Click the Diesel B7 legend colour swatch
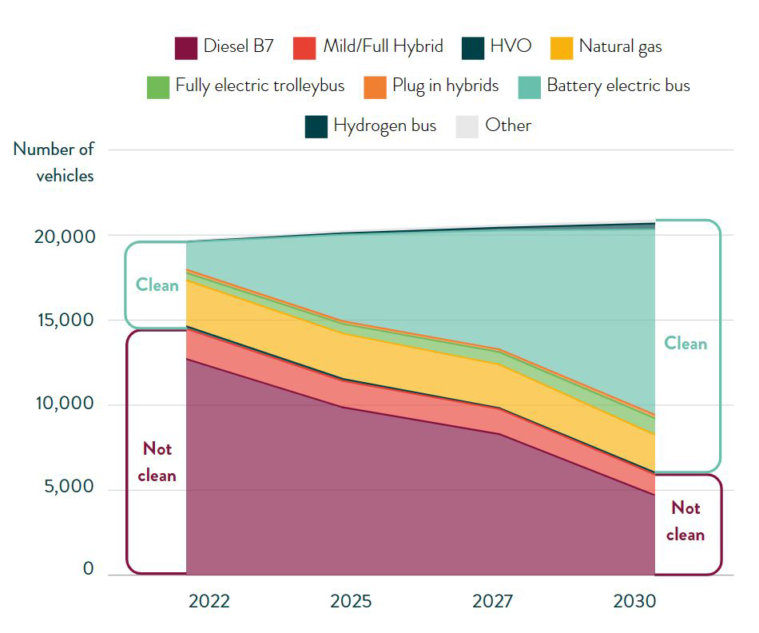(185, 47)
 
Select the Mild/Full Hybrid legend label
(383, 46)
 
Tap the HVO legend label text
(511, 46)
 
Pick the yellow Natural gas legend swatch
(562, 47)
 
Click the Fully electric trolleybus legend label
(260, 86)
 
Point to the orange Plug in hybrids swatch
(375, 86)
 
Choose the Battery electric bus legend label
(618, 86)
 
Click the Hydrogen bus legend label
(384, 125)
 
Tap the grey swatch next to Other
(467, 126)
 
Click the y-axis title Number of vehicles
(54, 162)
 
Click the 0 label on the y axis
(88, 570)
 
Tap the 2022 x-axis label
(209, 601)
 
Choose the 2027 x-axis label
(492, 601)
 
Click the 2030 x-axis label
(634, 601)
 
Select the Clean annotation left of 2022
(157, 285)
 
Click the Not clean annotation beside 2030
(685, 521)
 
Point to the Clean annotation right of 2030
(685, 344)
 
